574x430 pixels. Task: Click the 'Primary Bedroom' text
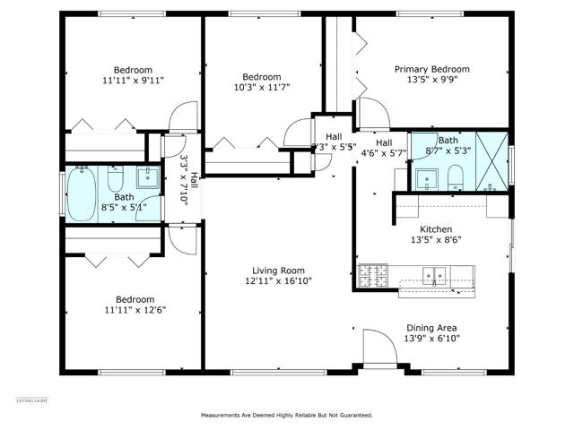coord(433,69)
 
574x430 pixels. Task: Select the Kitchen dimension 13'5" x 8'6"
coord(436,240)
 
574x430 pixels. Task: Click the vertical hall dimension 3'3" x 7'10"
coord(184,181)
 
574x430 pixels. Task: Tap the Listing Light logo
coord(30,399)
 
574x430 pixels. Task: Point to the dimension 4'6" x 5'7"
coord(384,152)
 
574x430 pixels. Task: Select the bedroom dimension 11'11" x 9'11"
coord(132,80)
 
